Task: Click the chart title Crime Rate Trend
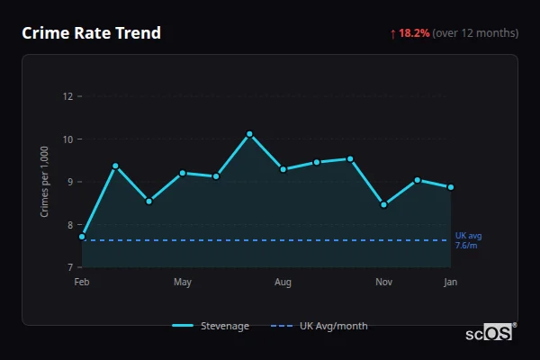click(91, 33)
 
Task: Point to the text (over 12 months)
click(475, 33)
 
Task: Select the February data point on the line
click(82, 237)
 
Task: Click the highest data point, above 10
click(249, 134)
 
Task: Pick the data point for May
click(183, 173)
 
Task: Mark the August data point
click(283, 169)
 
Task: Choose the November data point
click(383, 204)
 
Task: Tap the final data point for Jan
click(451, 187)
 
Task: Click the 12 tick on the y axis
click(67, 96)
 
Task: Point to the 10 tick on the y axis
click(67, 139)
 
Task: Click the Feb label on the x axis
click(82, 283)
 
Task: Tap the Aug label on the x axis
click(283, 283)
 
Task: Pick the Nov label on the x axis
click(383, 283)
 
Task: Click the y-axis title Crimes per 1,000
click(45, 182)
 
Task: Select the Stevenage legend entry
click(211, 326)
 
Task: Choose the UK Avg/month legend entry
click(320, 326)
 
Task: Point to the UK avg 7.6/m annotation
click(468, 240)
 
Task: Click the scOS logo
click(490, 333)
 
